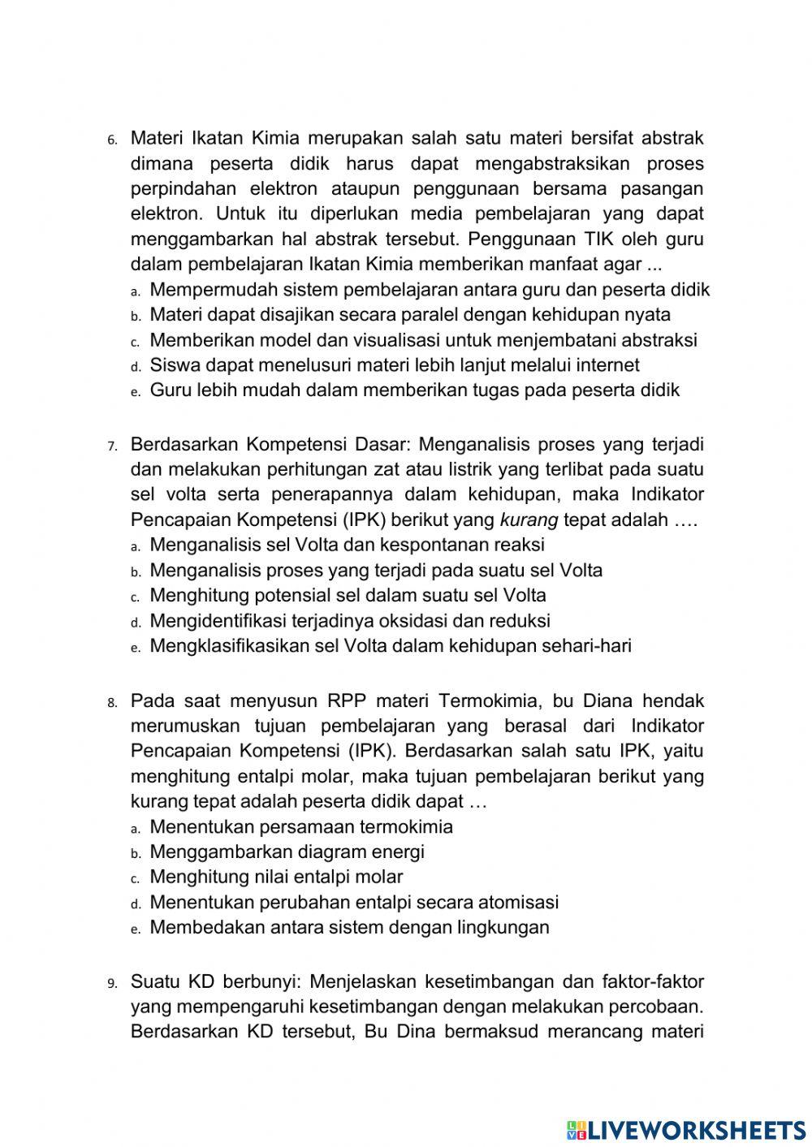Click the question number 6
(x=112, y=140)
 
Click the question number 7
(x=112, y=446)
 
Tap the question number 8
(x=112, y=702)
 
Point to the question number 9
(x=112, y=983)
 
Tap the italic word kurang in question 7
(x=529, y=520)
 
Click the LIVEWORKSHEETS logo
(x=686, y=1129)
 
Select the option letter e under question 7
(x=135, y=648)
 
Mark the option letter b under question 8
(x=135, y=853)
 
